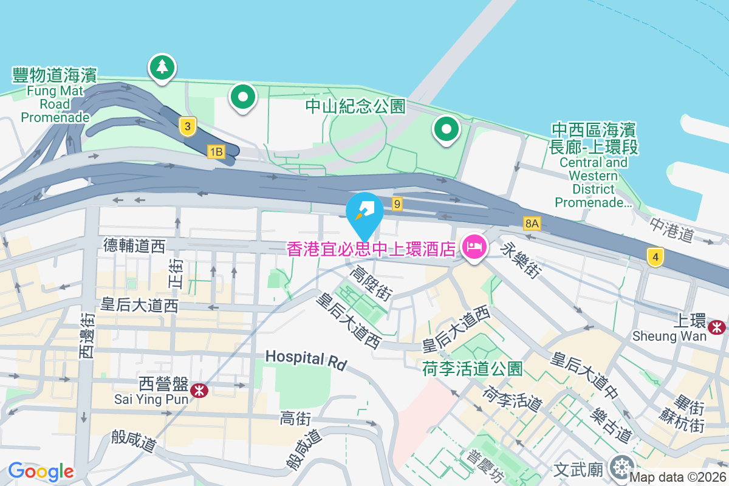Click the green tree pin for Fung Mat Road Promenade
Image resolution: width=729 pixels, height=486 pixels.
pyautogui.click(x=162, y=67)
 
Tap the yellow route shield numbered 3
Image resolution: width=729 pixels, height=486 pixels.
pyautogui.click(x=188, y=126)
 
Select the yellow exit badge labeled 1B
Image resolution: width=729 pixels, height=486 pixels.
pyautogui.click(x=216, y=152)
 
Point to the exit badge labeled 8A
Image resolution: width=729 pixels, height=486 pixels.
pyautogui.click(x=532, y=224)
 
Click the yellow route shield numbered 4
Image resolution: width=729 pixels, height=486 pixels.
pyautogui.click(x=654, y=258)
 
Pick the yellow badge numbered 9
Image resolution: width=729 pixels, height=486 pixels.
pyautogui.click(x=397, y=204)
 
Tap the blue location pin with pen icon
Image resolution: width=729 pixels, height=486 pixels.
pyautogui.click(x=364, y=211)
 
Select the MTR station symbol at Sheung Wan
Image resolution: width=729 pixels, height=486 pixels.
pyautogui.click(x=717, y=327)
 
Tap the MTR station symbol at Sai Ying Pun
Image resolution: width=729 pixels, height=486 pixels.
pyautogui.click(x=198, y=391)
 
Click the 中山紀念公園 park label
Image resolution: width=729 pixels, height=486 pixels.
pyautogui.click(x=355, y=107)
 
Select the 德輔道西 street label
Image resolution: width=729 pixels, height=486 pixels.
pyautogui.click(x=134, y=245)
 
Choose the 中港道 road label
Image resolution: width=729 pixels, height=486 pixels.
pyautogui.click(x=671, y=230)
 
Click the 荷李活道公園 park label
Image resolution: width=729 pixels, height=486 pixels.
pyautogui.click(x=473, y=368)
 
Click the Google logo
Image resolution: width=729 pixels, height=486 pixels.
pyautogui.click(x=41, y=471)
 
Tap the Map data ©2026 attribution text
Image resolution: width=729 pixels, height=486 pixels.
pyautogui.click(x=677, y=477)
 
